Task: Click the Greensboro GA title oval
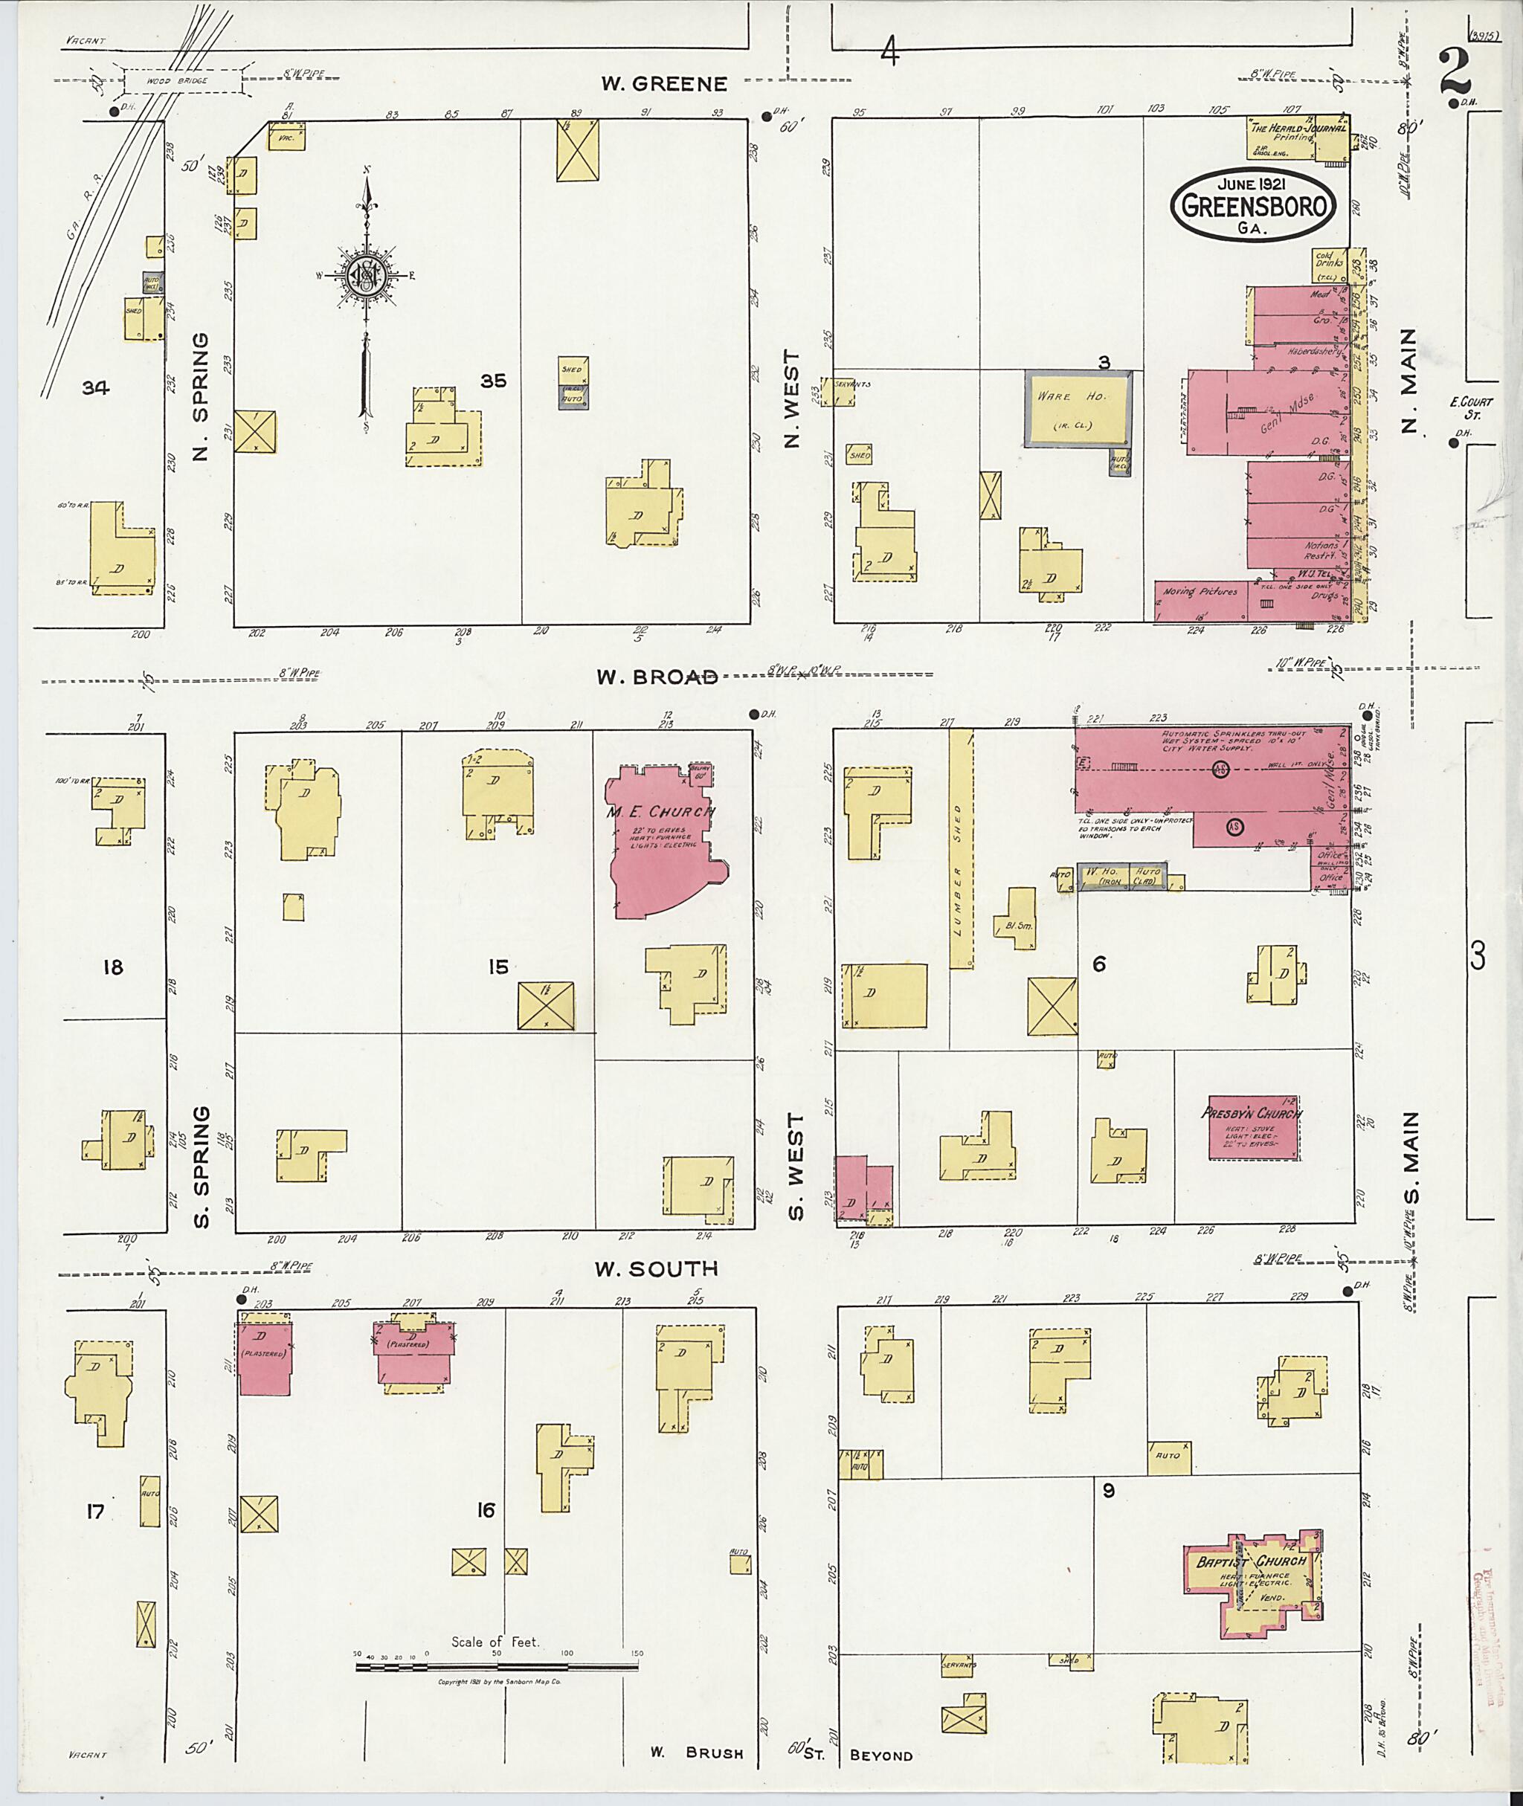(x=1253, y=204)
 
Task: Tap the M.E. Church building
(x=660, y=842)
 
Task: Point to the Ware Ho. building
(x=1077, y=408)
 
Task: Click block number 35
(x=493, y=381)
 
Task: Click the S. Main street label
(x=1411, y=1165)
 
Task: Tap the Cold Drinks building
(x=1327, y=266)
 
